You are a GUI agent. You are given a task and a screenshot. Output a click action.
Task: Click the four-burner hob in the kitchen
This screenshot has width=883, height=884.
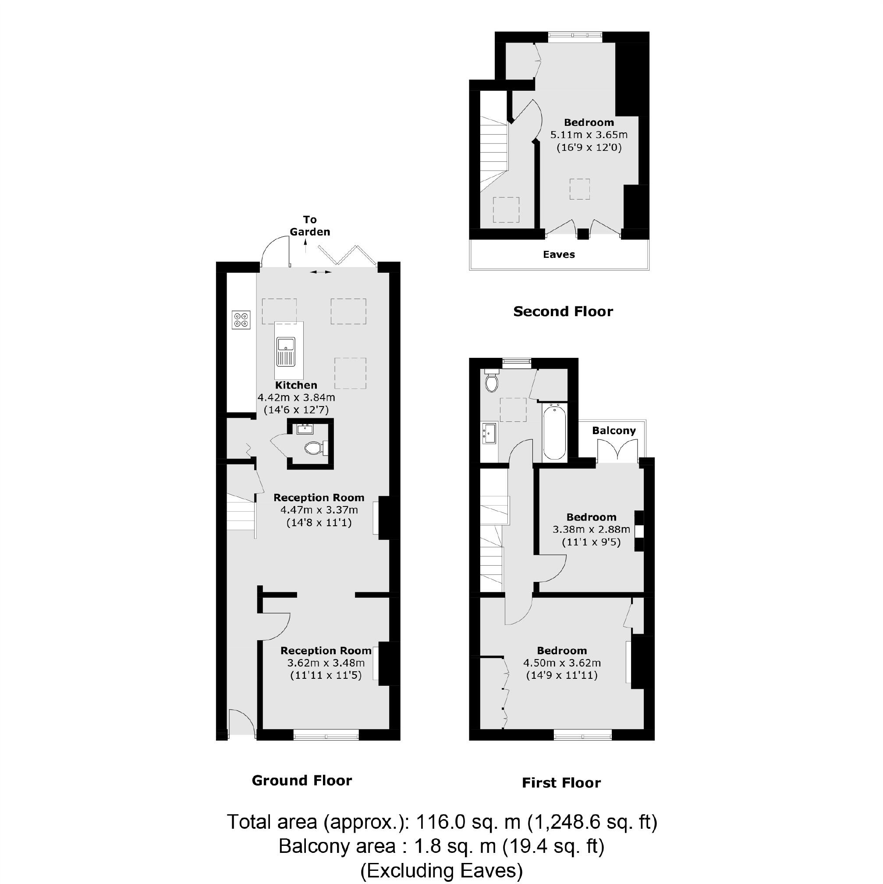[x=241, y=319]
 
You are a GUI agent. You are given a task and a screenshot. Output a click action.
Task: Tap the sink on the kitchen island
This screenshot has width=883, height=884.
[x=286, y=351]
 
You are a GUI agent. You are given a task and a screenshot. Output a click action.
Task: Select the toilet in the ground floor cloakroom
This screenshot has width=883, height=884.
[x=315, y=448]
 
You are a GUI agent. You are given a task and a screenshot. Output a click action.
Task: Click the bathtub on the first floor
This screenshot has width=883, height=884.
[x=554, y=431]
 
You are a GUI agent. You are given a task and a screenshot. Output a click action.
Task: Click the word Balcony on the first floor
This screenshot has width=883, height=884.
[x=613, y=431]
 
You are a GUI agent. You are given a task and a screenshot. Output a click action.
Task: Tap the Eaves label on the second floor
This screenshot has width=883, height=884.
[x=559, y=254]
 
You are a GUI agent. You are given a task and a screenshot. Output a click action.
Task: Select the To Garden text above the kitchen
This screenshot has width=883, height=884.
[x=309, y=225]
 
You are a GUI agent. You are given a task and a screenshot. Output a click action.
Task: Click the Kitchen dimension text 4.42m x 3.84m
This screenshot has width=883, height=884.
[x=296, y=397]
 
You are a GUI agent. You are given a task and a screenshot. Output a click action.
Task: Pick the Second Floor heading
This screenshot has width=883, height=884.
[x=563, y=312]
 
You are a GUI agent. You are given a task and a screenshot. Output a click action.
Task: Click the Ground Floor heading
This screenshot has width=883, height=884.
[x=302, y=781]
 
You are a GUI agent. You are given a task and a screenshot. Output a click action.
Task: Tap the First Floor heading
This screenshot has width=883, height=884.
[x=561, y=783]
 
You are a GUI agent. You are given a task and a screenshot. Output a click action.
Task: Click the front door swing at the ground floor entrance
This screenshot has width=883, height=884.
[x=242, y=721]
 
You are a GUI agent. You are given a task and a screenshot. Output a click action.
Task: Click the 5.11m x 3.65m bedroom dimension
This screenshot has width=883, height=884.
[x=589, y=135]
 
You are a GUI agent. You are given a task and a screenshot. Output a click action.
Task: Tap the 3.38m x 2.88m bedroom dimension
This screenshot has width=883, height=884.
[x=591, y=530]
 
